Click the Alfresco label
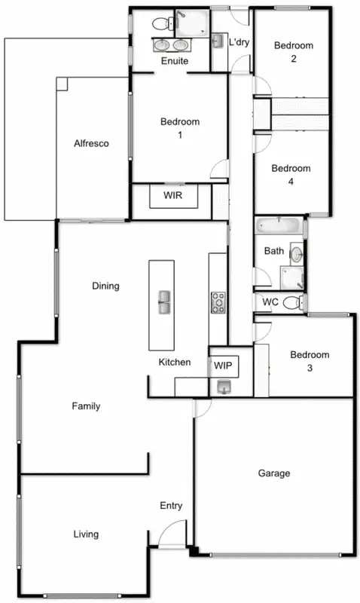point(91,143)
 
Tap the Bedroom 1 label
point(180,128)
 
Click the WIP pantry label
point(223,366)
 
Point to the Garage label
point(274,473)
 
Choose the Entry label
point(171,506)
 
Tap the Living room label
point(86,534)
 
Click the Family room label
point(86,406)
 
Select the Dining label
point(105,286)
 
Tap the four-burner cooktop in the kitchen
point(218,302)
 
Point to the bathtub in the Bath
point(279,225)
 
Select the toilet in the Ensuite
point(160,23)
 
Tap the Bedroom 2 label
point(292,53)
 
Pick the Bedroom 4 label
point(291,175)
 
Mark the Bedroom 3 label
point(310,361)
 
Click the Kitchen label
point(174,362)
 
